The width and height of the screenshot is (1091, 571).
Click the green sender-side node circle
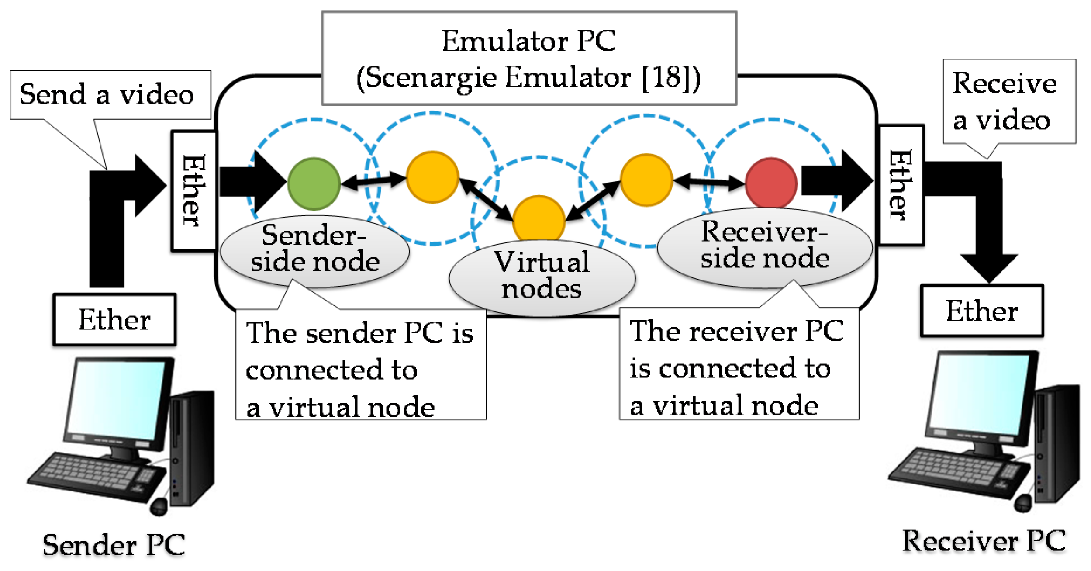point(314,184)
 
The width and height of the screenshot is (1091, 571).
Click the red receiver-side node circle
point(771,183)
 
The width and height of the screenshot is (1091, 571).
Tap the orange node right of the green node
point(432,177)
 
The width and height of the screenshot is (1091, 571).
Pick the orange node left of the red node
point(646,180)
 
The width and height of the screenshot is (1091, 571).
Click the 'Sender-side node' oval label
point(314,250)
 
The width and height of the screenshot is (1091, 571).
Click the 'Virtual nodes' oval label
point(542,276)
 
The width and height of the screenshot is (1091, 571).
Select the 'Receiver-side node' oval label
point(764,246)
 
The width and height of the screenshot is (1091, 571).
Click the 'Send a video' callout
point(107,95)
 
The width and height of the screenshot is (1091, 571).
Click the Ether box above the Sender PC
point(114,320)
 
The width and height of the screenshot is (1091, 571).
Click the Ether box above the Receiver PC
point(982,311)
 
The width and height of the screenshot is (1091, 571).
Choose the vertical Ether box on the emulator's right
point(901,185)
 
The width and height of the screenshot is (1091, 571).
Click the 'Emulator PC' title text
point(528,42)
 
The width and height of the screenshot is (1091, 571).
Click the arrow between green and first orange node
point(373,180)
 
